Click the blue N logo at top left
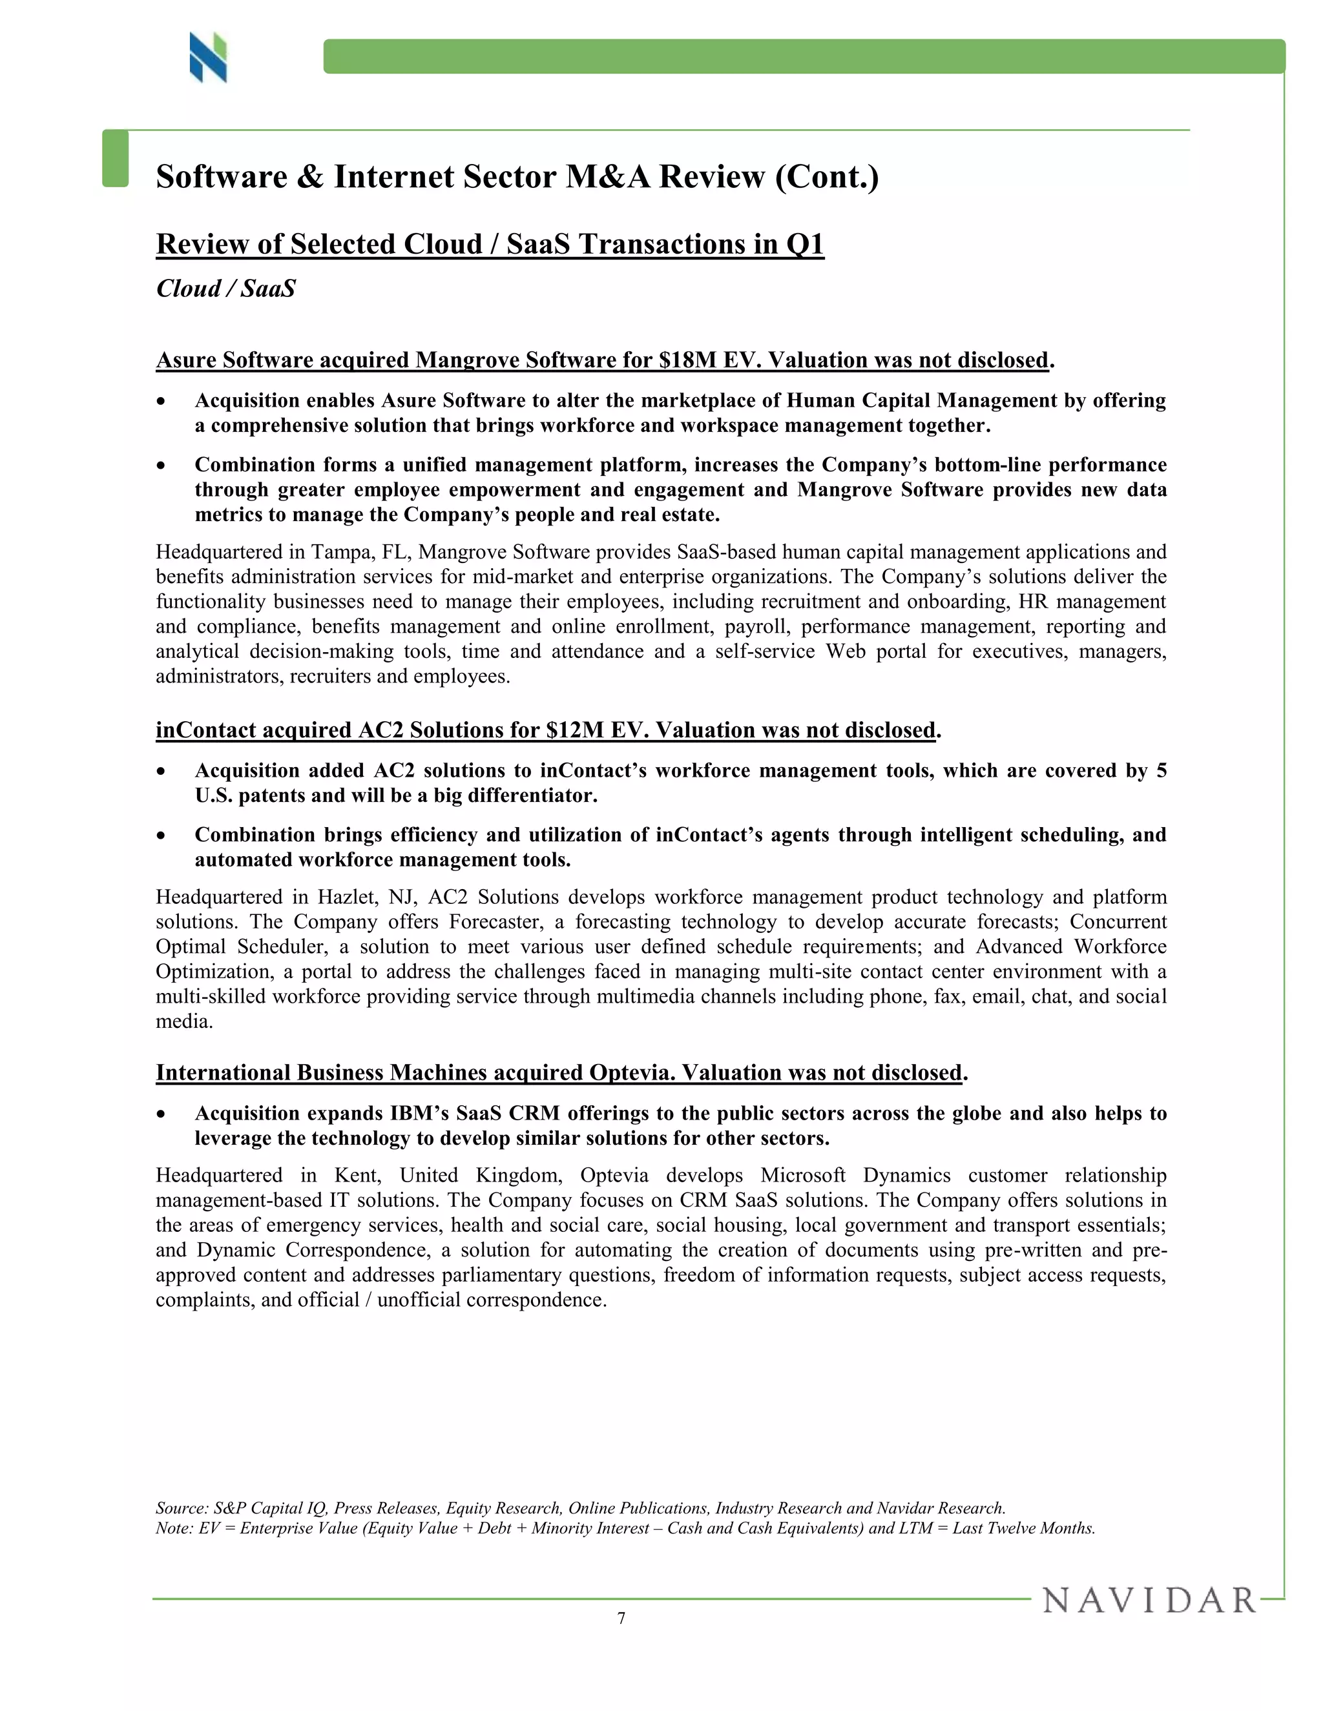point(208,57)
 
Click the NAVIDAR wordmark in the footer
point(1149,1601)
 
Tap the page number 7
point(621,1619)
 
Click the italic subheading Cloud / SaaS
point(225,289)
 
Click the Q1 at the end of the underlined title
point(805,245)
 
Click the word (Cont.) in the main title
point(827,176)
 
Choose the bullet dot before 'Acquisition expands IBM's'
point(161,1114)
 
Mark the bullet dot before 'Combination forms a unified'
point(161,466)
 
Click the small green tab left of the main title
point(115,158)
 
